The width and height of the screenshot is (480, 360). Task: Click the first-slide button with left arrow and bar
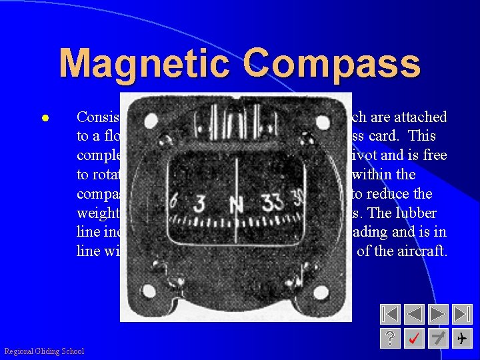tap(391, 314)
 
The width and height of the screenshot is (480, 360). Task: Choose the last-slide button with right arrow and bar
tap(462, 314)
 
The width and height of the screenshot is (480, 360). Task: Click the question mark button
tap(391, 339)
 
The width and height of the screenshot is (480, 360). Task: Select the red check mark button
tap(415, 339)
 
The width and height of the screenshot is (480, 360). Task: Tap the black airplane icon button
tap(462, 339)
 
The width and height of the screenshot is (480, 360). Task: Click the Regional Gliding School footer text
tap(44, 351)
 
